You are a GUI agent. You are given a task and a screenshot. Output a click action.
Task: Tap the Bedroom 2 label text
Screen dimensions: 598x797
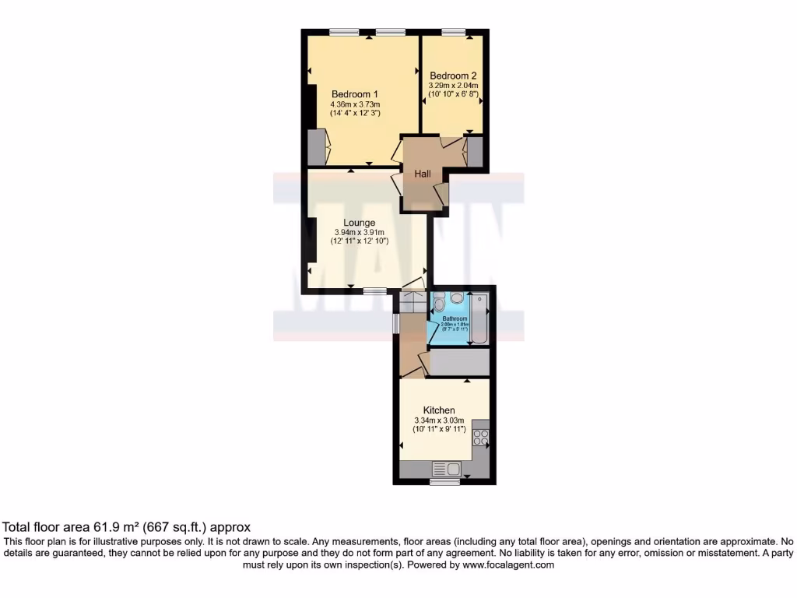tap(453, 76)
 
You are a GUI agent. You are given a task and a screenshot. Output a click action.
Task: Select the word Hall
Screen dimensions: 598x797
tap(423, 174)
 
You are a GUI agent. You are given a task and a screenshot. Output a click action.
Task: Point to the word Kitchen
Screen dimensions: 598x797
tap(439, 410)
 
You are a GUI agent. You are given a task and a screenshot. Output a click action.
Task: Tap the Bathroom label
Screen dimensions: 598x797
tap(455, 318)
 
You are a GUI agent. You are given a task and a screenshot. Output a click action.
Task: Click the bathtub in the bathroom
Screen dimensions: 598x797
tap(479, 319)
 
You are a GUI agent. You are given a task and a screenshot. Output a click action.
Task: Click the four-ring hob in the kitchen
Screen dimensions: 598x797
tap(481, 438)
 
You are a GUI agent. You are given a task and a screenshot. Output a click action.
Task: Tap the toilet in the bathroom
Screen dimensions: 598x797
tap(456, 298)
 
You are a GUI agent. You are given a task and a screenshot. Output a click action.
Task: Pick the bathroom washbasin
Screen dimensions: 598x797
tap(439, 303)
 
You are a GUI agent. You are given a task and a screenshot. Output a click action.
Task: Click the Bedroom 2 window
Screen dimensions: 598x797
tap(453, 31)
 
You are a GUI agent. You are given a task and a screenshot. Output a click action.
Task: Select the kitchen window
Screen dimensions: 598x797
tap(444, 481)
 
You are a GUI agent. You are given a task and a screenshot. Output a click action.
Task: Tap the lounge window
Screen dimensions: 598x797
tap(375, 290)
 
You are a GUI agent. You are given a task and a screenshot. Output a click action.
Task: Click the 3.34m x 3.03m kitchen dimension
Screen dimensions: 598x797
tap(440, 420)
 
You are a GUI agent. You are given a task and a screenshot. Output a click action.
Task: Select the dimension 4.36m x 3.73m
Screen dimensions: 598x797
tap(355, 104)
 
